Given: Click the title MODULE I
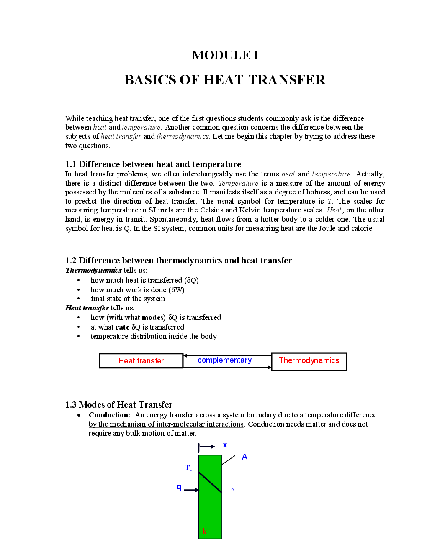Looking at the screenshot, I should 225,55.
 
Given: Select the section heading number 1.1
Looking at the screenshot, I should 71,164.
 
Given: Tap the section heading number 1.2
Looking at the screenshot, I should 71,261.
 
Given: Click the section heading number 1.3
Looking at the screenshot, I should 71,405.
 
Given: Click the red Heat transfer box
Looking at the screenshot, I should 141,361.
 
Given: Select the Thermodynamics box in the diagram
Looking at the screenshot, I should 309,361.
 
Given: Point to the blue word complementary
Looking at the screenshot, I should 224,360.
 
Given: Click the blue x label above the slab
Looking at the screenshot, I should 225,445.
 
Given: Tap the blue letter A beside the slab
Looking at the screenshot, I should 244,457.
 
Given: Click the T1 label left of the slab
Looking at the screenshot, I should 188,468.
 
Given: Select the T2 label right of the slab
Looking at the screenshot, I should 230,489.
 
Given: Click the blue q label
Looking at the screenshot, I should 179,487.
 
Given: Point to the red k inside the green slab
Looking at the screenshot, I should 204,531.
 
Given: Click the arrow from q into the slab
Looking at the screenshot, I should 191,490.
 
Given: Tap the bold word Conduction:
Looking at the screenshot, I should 109,415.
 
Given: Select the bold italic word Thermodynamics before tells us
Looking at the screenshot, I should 94,270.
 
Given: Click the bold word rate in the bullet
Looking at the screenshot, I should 122,327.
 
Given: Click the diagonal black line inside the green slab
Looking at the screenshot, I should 210,483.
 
